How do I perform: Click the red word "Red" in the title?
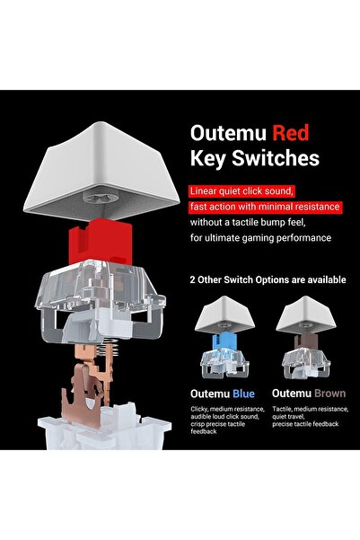click(x=291, y=133)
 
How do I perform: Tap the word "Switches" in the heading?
click(x=276, y=158)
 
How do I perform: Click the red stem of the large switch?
click(x=101, y=241)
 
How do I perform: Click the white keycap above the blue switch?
click(x=224, y=314)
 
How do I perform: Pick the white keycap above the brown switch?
click(x=306, y=314)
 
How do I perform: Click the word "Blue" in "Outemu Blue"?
click(x=243, y=394)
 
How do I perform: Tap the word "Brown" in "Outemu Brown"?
click(x=329, y=394)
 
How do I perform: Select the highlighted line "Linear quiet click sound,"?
click(x=242, y=190)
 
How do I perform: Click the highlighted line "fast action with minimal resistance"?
click(x=265, y=207)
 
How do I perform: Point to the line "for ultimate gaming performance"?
click(x=260, y=238)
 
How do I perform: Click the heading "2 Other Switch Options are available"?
click(x=268, y=279)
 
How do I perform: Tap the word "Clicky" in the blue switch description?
click(x=199, y=410)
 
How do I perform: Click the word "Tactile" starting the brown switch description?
click(x=281, y=409)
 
